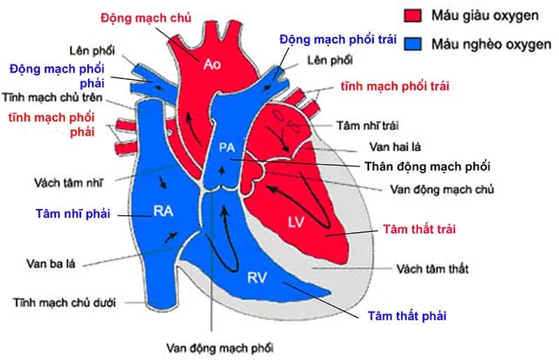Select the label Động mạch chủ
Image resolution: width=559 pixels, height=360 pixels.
coord(146,15)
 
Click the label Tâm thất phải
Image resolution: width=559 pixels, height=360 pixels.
coord(407,316)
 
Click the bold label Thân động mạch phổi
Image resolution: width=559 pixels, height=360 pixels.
coord(428,167)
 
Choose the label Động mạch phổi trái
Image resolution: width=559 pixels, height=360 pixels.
coord(338,38)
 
